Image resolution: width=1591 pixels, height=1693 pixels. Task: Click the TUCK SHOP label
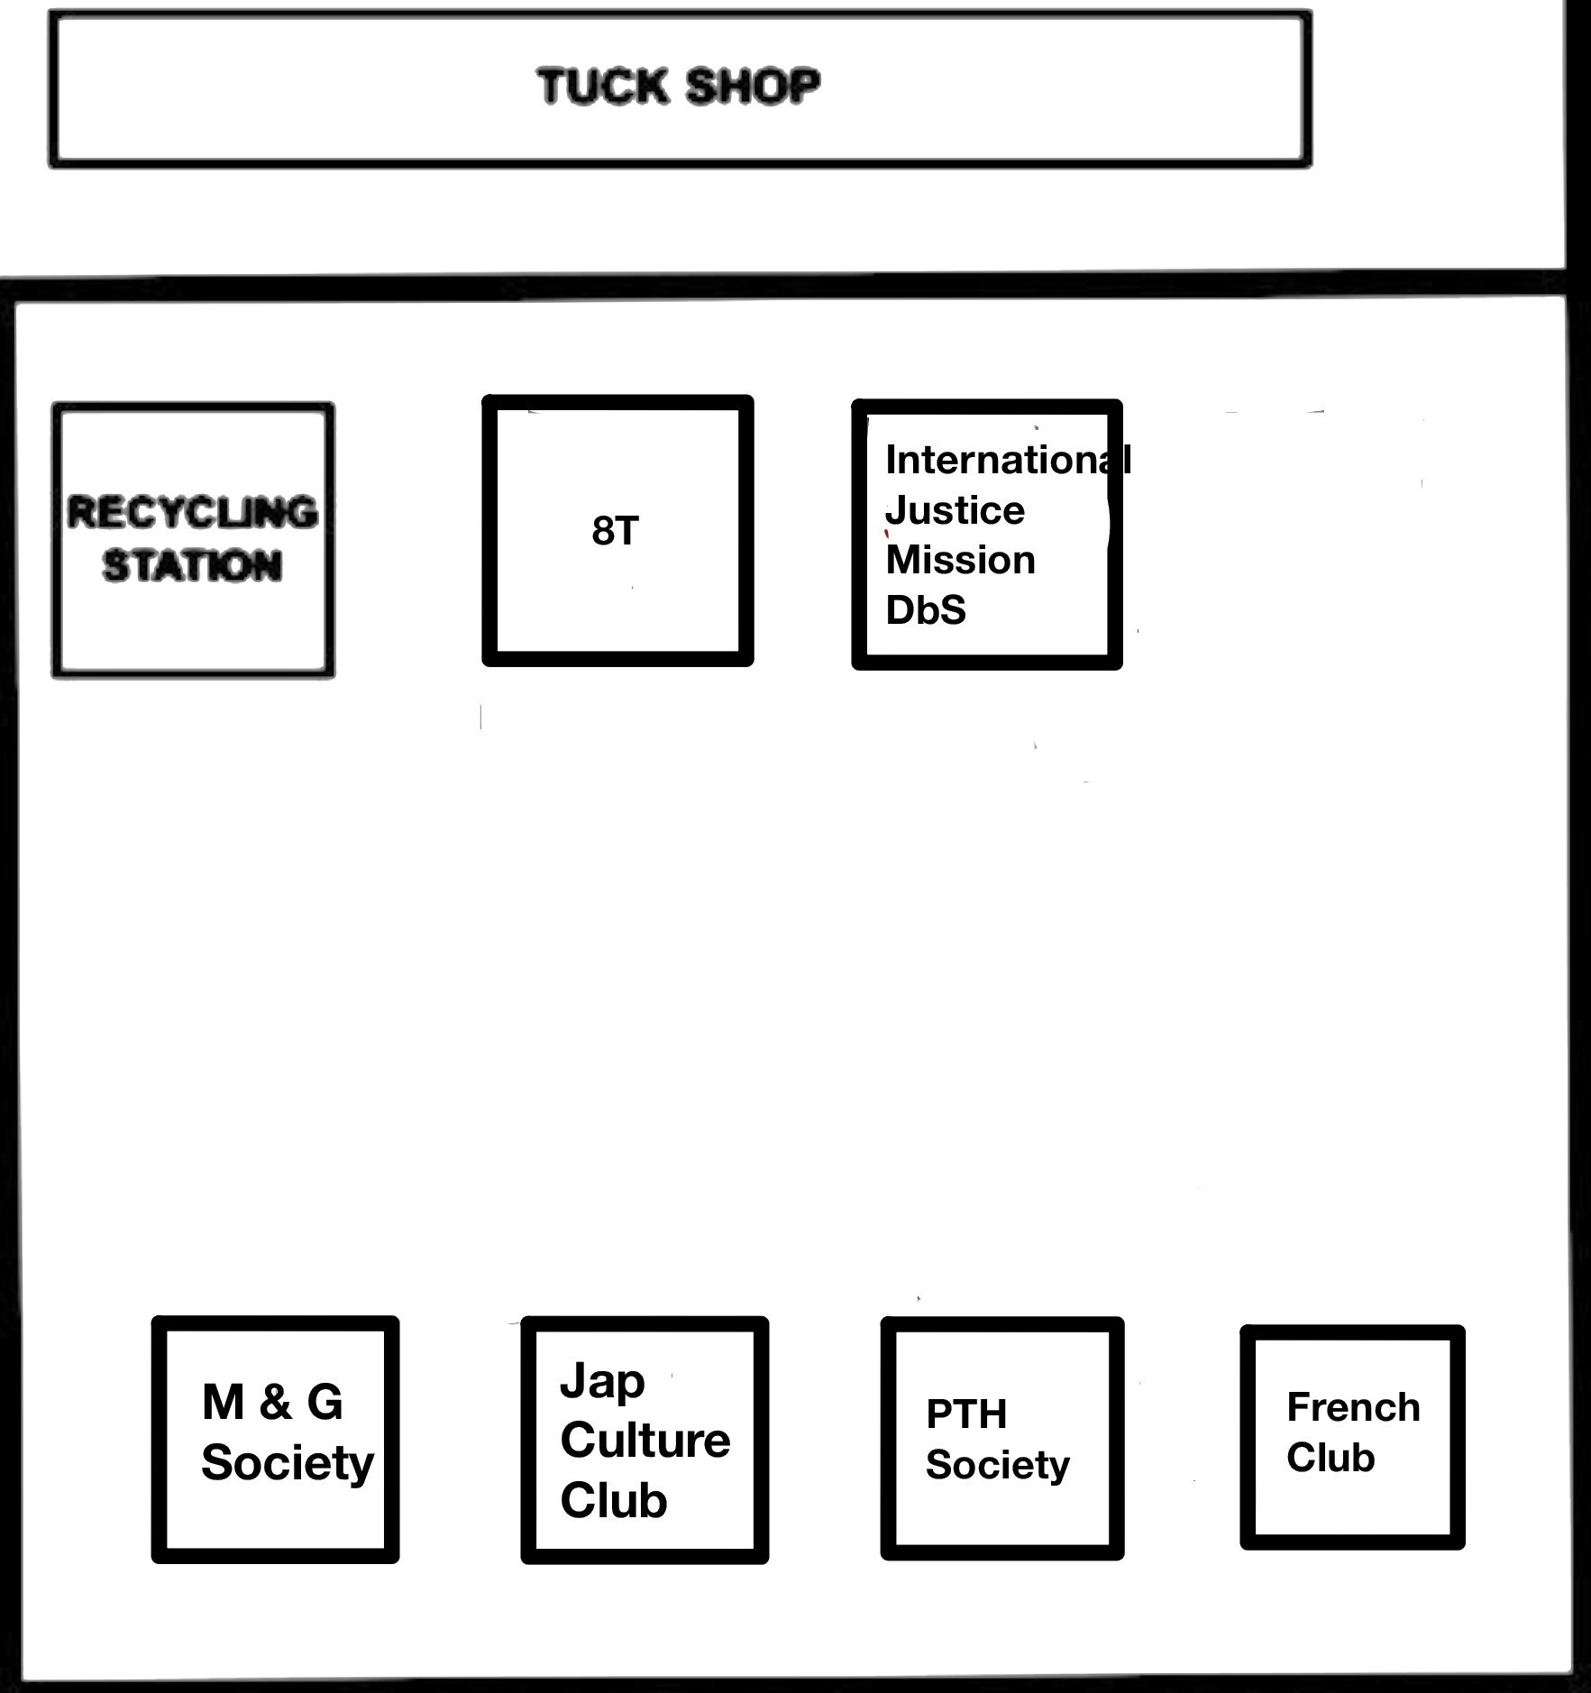click(678, 87)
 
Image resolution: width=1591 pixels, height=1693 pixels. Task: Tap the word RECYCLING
click(193, 512)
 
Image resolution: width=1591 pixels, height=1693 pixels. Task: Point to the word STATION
click(192, 566)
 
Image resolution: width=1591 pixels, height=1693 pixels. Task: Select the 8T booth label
click(616, 530)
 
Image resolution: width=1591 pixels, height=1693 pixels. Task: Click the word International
click(1008, 460)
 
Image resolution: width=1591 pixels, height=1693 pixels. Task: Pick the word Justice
click(955, 510)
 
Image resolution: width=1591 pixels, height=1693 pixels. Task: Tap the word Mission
click(960, 560)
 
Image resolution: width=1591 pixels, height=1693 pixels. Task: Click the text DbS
click(926, 610)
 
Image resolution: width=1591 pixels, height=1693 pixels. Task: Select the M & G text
click(272, 1402)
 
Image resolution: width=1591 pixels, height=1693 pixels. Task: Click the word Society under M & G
click(288, 1462)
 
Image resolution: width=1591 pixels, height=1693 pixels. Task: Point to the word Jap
click(602, 1382)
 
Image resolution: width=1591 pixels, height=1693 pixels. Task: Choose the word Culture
click(645, 1440)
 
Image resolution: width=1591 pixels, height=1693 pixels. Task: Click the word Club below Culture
click(614, 1500)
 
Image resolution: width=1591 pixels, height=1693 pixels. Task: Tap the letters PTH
click(966, 1414)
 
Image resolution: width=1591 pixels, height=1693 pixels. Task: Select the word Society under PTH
click(998, 1465)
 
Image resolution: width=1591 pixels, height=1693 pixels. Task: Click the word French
click(1353, 1407)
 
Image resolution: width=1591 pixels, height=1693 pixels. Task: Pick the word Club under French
click(1330, 1458)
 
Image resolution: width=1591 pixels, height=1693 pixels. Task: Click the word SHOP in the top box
click(753, 87)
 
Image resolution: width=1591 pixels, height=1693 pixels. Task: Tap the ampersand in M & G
click(275, 1402)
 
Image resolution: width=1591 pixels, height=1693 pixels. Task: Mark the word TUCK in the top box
click(602, 87)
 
